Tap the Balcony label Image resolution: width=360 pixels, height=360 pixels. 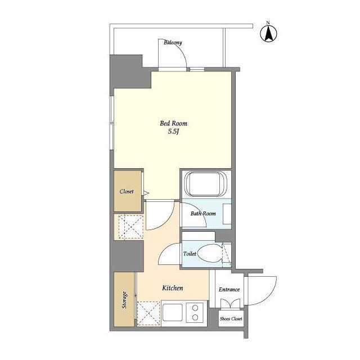[173, 43]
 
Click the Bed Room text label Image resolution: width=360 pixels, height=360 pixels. [173, 124]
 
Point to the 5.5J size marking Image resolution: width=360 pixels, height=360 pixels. [173, 132]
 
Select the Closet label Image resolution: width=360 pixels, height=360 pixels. [127, 191]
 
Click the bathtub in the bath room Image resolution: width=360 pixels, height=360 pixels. [205, 184]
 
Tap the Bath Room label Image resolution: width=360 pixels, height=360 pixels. [203, 214]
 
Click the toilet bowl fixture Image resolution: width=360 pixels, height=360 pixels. [210, 254]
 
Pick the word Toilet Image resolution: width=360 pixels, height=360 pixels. [190, 254]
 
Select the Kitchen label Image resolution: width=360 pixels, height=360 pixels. [173, 288]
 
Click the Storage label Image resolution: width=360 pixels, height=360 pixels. [124, 300]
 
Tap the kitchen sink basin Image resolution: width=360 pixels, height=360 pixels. [173, 313]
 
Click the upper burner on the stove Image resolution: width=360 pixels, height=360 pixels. [195, 308]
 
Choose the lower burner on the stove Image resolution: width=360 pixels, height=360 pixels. [195, 317]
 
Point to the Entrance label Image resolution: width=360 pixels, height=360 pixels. [229, 290]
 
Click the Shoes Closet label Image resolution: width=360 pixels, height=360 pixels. [231, 319]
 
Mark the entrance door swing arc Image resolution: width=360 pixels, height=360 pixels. [271, 296]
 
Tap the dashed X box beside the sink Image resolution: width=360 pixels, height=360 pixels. [148, 313]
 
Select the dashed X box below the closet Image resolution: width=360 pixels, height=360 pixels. [131, 227]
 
